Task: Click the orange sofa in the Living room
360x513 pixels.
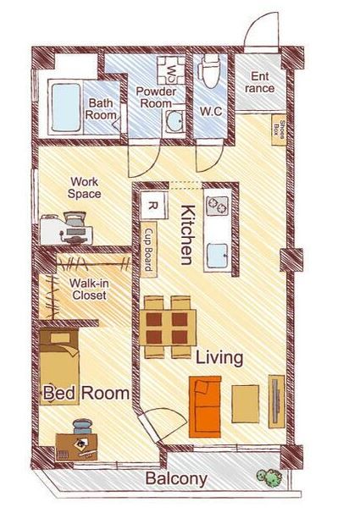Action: tap(205, 406)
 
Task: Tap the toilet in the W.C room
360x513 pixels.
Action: tap(208, 71)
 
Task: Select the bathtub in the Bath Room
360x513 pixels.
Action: tap(66, 108)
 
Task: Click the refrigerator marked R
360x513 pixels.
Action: tap(153, 206)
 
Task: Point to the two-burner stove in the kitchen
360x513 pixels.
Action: tap(218, 206)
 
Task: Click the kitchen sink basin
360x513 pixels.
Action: tap(218, 256)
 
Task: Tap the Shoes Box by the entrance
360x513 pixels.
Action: tap(279, 130)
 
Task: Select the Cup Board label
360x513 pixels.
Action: tap(149, 249)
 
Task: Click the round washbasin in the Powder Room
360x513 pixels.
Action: tap(174, 122)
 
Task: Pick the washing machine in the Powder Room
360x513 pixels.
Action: tap(171, 70)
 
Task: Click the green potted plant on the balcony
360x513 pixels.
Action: tap(269, 477)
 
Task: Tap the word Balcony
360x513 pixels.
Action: tap(176, 478)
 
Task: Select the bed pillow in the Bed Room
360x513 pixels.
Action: tap(60, 338)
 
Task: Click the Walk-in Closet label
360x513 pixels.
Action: tap(89, 290)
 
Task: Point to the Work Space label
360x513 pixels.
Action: tap(84, 188)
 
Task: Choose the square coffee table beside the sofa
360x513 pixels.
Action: tap(246, 404)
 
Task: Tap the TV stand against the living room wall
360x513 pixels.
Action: tap(276, 401)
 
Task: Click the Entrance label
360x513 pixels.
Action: tap(260, 82)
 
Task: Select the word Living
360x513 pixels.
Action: tap(219, 358)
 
